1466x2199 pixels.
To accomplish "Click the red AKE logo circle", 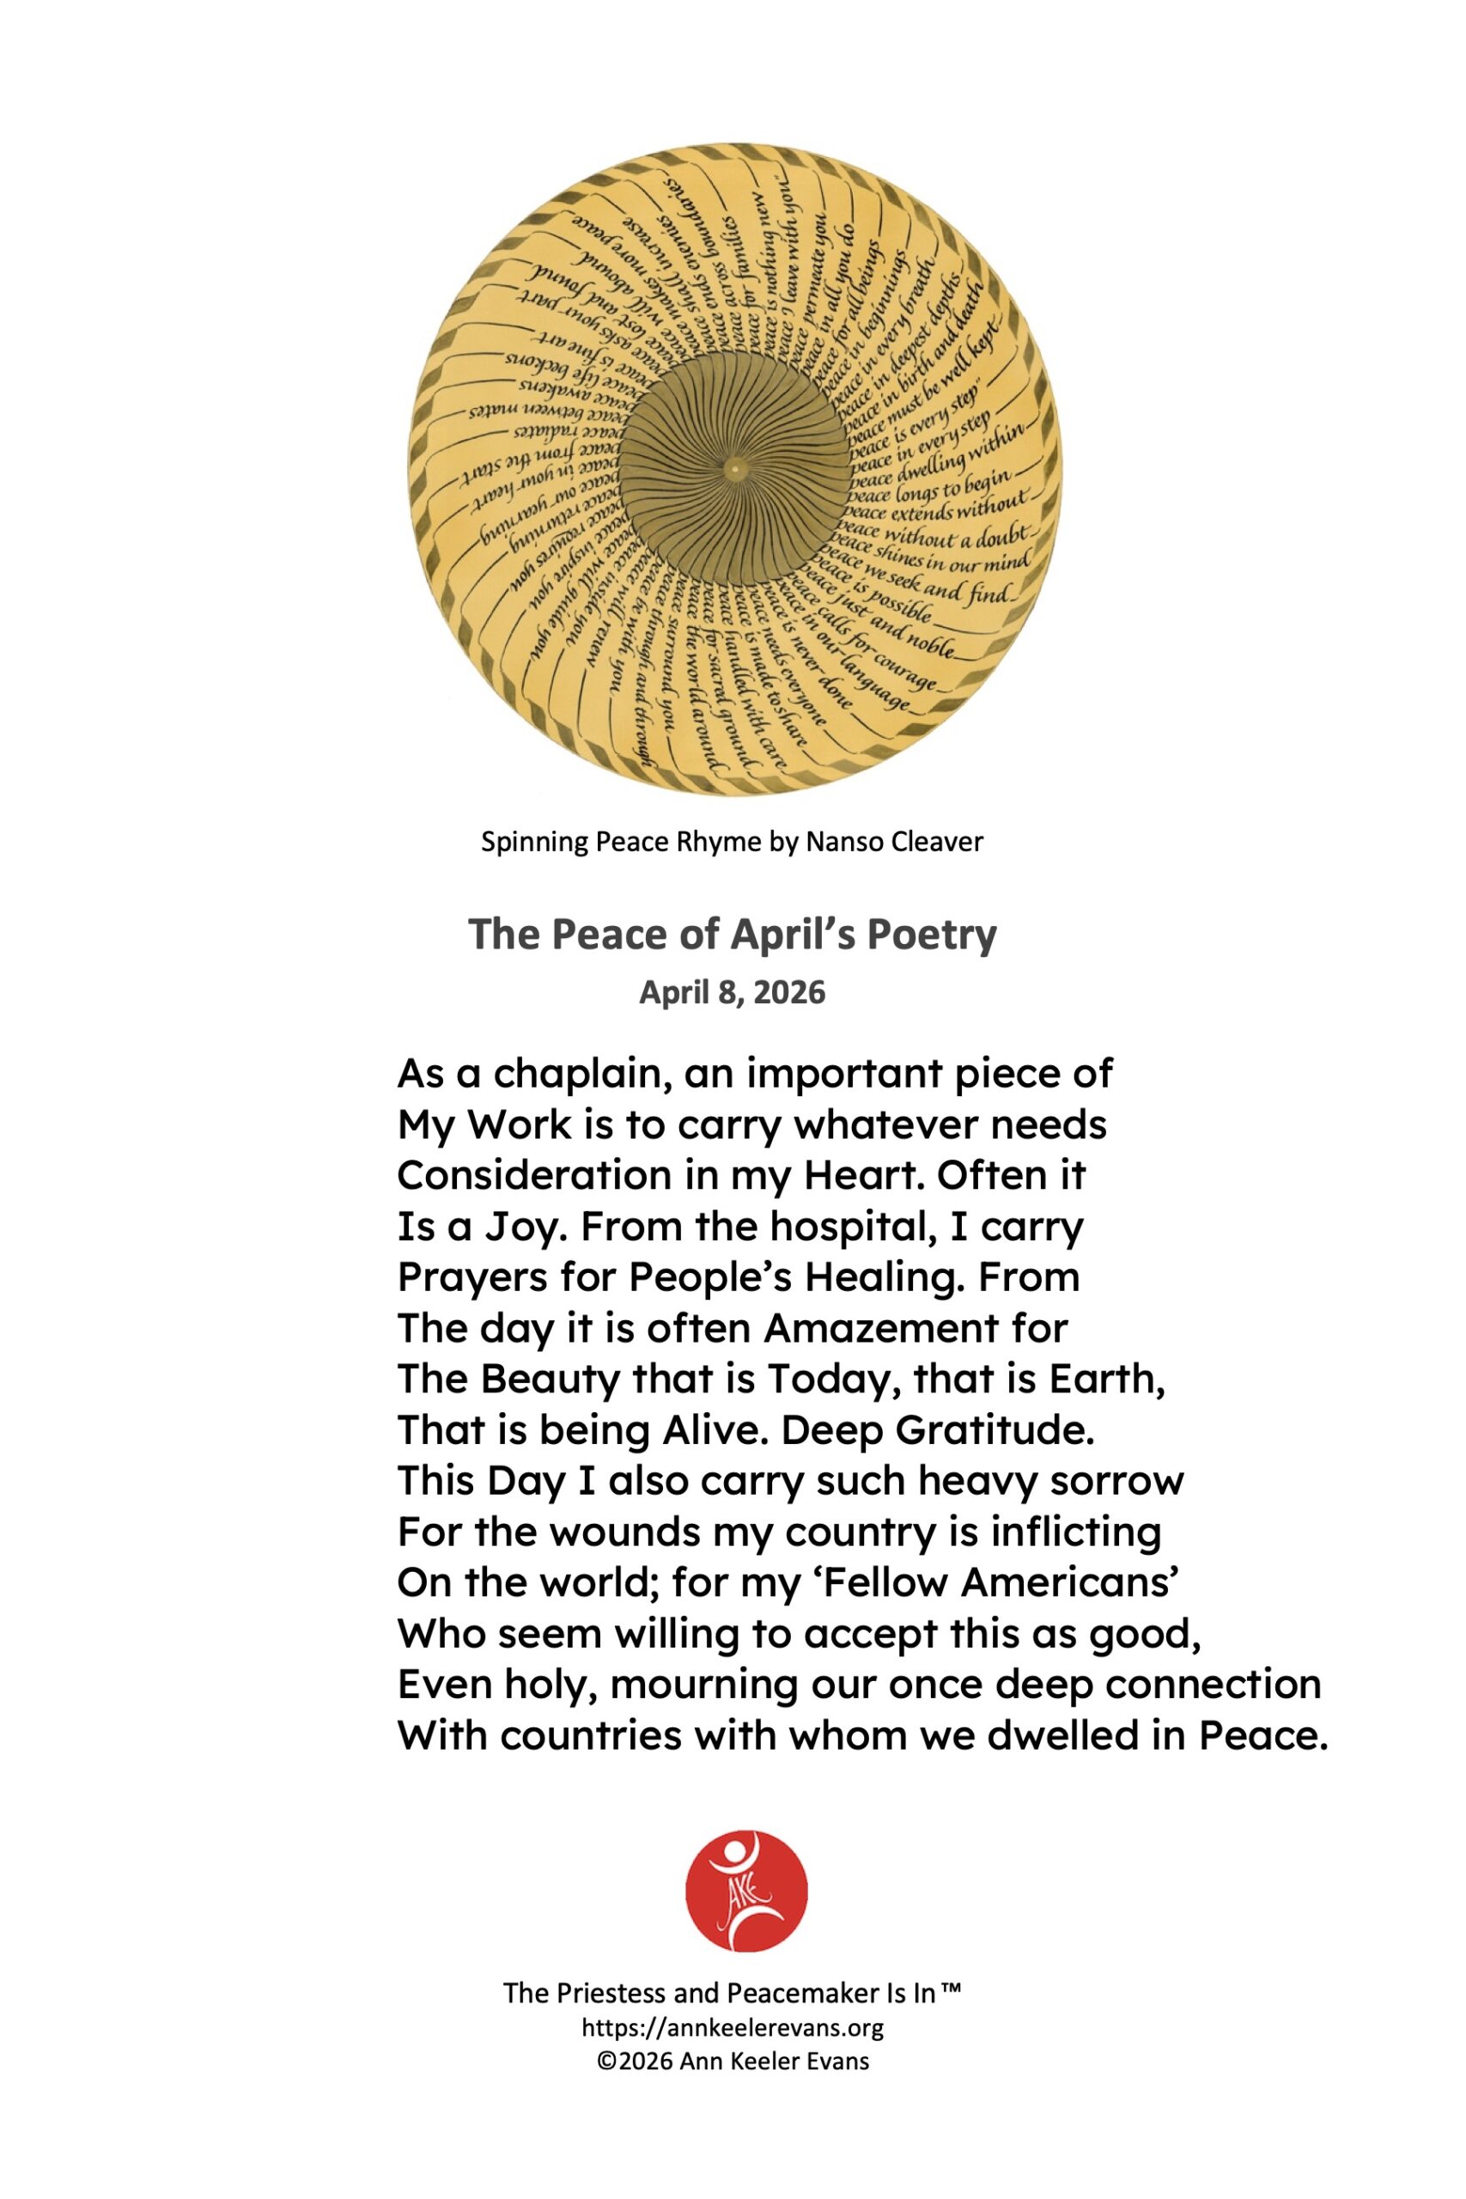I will tap(745, 1891).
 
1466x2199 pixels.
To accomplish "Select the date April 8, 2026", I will tap(732, 992).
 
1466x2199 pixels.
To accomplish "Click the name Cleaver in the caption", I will tap(937, 843).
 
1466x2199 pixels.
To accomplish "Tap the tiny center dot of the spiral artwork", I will tap(735, 467).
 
